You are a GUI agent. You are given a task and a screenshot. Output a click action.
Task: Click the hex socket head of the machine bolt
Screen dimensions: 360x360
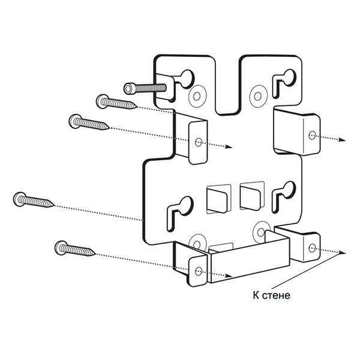[x=129, y=89]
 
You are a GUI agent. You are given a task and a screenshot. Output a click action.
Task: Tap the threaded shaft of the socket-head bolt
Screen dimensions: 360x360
[x=151, y=88]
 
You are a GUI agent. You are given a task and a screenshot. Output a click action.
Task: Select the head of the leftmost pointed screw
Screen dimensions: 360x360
[x=20, y=199]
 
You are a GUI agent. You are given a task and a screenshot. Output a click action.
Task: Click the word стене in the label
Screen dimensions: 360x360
[x=276, y=295]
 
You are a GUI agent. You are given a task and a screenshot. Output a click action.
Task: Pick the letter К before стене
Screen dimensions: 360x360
[x=256, y=295]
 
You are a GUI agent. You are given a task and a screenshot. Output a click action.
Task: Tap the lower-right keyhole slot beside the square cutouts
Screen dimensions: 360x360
[x=283, y=197]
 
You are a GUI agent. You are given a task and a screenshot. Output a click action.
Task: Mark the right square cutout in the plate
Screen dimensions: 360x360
[x=251, y=196]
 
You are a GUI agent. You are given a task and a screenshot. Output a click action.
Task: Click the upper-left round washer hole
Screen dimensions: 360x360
[x=197, y=96]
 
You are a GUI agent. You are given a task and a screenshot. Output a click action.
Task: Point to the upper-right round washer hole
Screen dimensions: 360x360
[x=258, y=96]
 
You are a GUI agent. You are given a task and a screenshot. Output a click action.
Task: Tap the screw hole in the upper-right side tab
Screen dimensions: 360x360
[x=312, y=135]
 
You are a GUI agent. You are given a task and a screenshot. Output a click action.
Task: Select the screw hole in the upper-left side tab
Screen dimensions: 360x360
[x=199, y=142]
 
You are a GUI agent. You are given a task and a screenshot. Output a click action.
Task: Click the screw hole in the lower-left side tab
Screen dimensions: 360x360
[x=199, y=271]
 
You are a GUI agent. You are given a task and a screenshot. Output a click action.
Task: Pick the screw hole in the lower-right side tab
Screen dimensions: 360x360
[x=312, y=248]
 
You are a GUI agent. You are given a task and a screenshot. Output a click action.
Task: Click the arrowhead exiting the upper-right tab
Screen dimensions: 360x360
[x=343, y=140]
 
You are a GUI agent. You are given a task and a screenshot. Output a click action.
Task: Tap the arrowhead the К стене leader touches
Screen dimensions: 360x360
[x=343, y=253]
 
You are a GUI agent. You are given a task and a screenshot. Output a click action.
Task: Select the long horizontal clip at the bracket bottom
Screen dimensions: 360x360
[x=249, y=259]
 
